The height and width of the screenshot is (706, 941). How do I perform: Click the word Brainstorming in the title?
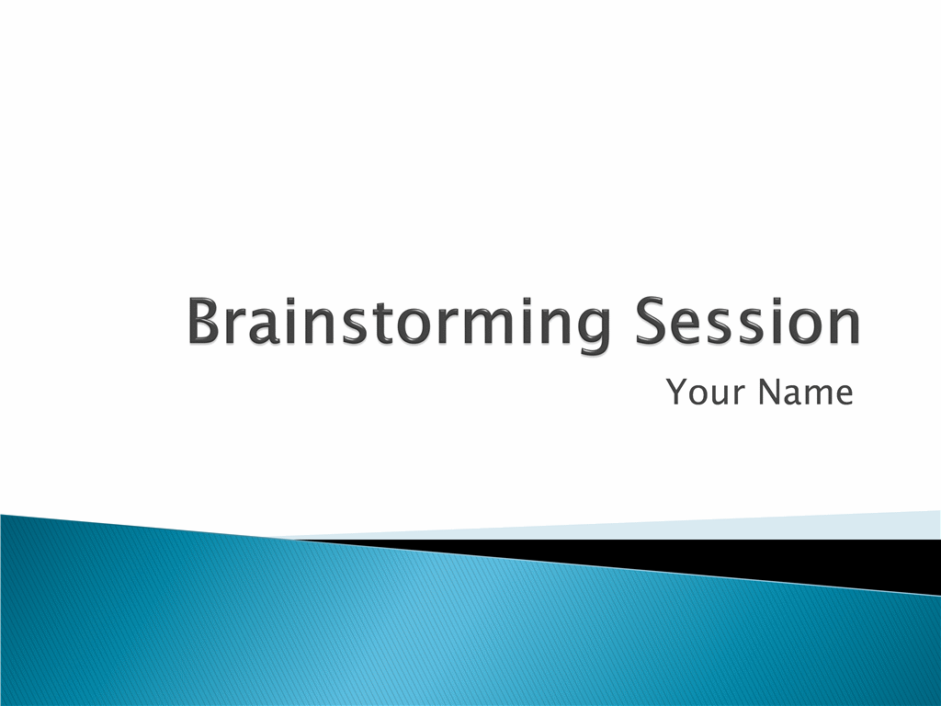(398, 323)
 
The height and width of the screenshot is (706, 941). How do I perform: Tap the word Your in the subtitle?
(706, 392)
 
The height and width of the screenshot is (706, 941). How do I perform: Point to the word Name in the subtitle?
(805, 392)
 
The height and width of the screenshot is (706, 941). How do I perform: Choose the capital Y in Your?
(677, 392)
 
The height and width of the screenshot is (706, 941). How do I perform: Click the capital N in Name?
(769, 392)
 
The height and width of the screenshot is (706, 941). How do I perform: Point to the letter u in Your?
(722, 395)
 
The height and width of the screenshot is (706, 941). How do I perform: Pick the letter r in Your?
(741, 395)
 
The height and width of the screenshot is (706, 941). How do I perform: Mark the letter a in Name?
(792, 395)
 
